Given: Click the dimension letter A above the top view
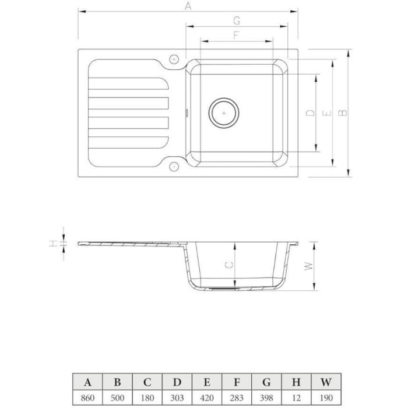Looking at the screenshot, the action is pos(188,6).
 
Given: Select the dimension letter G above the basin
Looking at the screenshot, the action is pos(237,20).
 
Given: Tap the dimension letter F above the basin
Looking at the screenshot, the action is pos(236,36).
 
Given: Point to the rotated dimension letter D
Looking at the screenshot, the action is pos(310,112).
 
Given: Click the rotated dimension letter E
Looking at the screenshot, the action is pos(326,113).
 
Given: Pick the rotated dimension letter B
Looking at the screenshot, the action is pos(343,112).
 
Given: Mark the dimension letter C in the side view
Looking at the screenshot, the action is pos(229,265).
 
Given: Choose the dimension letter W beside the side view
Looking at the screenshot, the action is pos(308,266).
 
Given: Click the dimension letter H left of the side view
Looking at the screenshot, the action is pos(53,244).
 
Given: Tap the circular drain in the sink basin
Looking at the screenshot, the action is pos(224,113).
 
